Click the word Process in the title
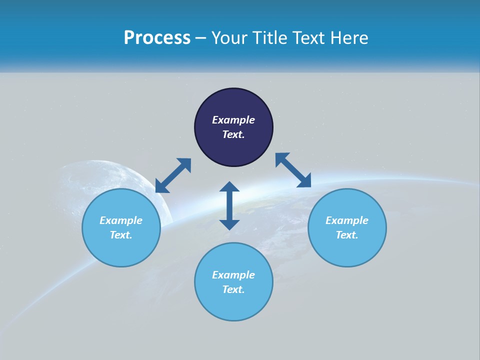tap(157, 38)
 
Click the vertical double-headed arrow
tap(229, 205)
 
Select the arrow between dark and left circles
tap(173, 175)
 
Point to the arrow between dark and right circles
tap(293, 170)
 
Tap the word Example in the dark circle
tap(233, 120)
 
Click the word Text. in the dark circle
tap(233, 134)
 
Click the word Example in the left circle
tap(121, 220)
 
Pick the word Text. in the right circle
tap(347, 235)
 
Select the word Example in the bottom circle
tap(233, 275)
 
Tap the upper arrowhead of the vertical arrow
tap(229, 187)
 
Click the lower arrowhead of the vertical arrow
tap(229, 224)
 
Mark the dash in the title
tap(201, 38)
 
